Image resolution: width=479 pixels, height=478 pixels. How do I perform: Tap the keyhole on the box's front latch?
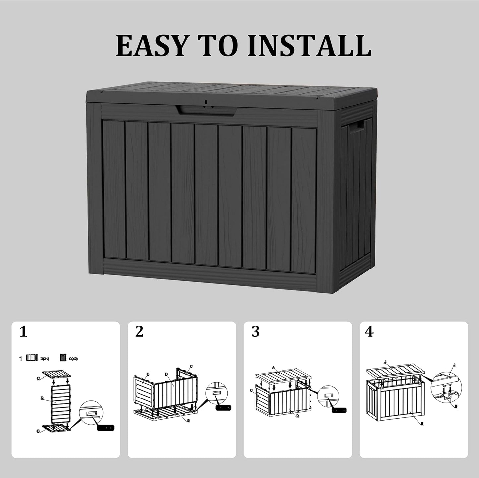click(x=206, y=102)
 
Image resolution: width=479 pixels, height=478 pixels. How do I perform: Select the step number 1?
click(x=23, y=332)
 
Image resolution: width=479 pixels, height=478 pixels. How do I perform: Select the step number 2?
click(x=139, y=332)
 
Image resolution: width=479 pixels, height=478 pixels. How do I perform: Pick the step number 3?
click(x=255, y=332)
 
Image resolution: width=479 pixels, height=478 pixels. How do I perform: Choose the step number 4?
click(x=369, y=332)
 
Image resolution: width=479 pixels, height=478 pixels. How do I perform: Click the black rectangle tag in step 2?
click(x=224, y=408)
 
